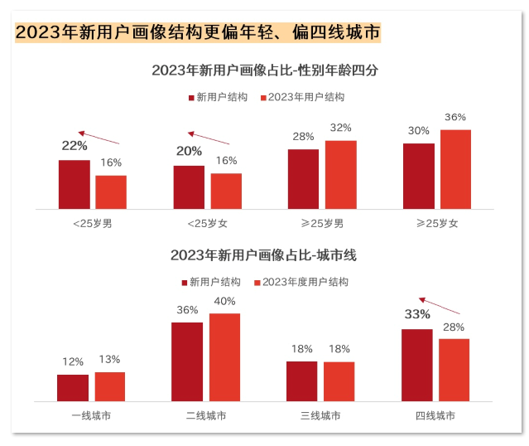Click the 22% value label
coord(75,146)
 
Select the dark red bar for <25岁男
coord(75,184)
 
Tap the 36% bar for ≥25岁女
coord(455,169)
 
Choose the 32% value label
coord(340,128)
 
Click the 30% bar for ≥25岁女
coord(419,176)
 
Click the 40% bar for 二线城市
coord(224,357)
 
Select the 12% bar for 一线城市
coord(73,387)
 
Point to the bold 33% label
coord(417,314)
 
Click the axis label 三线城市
coord(320,415)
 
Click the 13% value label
coord(109,359)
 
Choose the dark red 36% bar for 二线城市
coord(187,361)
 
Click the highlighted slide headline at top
coord(199,33)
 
